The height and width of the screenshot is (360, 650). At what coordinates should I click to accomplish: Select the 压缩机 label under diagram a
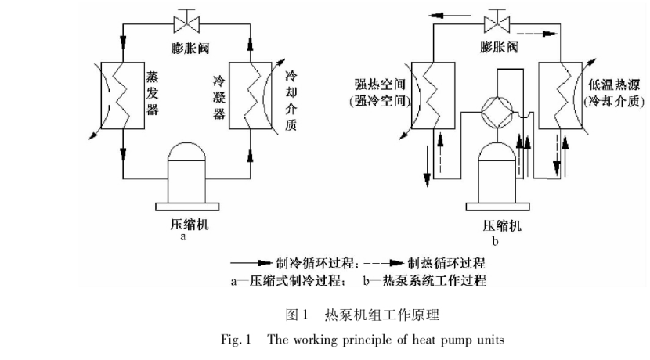tap(186, 225)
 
